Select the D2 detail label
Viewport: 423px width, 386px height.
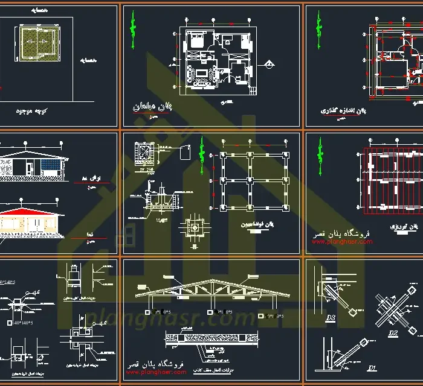(x=393, y=332)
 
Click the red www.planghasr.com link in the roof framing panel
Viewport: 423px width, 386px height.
(x=342, y=242)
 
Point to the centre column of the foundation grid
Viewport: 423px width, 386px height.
(x=254, y=180)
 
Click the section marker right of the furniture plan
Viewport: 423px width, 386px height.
(x=268, y=62)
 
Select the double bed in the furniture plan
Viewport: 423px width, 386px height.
(x=197, y=41)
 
